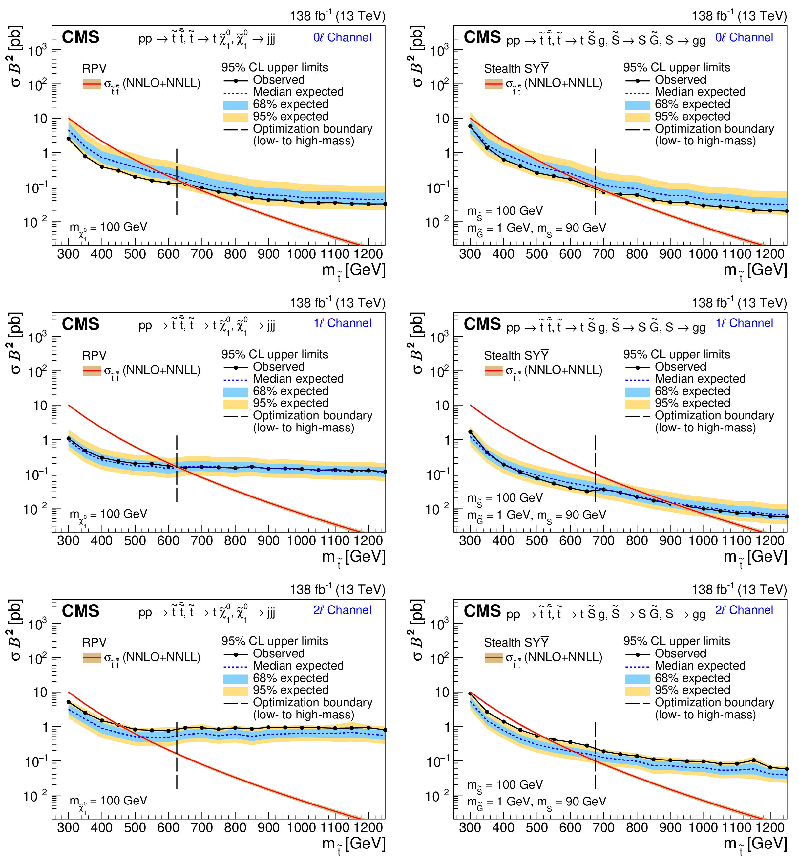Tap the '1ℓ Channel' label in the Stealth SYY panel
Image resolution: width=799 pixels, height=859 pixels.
click(744, 323)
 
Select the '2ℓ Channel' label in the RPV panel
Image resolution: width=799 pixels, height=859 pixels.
click(342, 610)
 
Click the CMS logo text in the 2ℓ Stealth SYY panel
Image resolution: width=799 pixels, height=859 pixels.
click(482, 611)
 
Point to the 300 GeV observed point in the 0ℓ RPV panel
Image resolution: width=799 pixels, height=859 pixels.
click(69, 139)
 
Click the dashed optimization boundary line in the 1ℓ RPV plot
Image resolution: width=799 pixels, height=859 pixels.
click(177, 469)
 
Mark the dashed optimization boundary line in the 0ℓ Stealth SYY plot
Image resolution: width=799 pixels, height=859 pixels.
click(595, 182)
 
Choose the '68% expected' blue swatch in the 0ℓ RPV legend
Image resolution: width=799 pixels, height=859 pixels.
click(235, 104)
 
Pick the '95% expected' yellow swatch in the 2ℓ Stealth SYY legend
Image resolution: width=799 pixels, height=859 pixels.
click(637, 691)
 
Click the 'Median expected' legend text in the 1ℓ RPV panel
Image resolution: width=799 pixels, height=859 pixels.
click(298, 379)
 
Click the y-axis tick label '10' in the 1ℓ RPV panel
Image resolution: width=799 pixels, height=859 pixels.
click(40, 406)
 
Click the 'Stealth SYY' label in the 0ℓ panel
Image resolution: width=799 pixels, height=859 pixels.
click(516, 69)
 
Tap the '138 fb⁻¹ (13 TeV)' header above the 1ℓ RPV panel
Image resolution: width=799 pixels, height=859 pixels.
click(337, 303)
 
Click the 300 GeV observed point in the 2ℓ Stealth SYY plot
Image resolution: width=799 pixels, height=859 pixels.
click(470, 694)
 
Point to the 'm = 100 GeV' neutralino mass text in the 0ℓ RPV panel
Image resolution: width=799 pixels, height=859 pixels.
click(108, 227)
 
